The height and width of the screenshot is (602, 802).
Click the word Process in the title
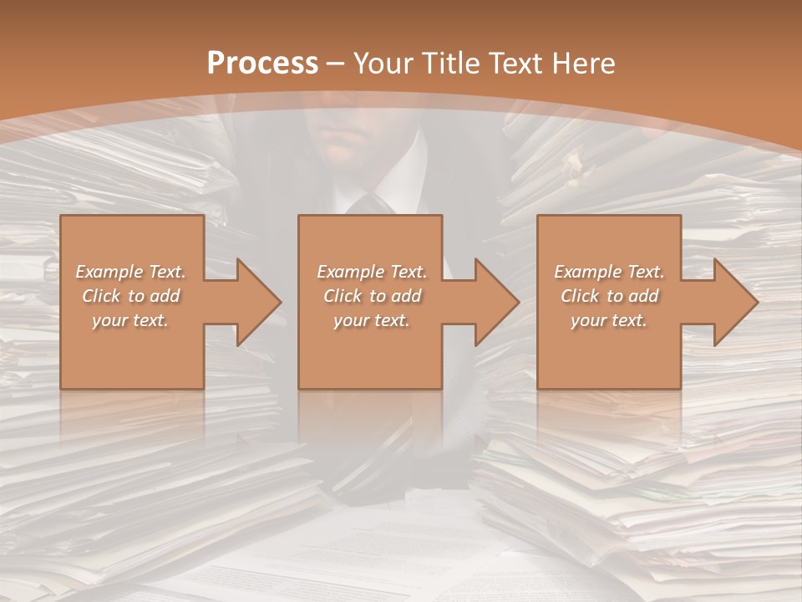[x=262, y=63]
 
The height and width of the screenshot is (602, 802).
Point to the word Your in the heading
[x=383, y=63]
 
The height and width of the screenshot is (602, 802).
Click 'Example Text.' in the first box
[x=131, y=272]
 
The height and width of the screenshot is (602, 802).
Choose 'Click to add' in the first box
[x=131, y=296]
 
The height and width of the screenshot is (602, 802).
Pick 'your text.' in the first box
[x=131, y=320]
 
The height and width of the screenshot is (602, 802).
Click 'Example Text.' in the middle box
[x=372, y=272]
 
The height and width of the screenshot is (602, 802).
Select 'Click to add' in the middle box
[x=372, y=296]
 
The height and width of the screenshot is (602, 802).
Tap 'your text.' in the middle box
[x=372, y=320]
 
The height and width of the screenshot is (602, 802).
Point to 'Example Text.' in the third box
[x=609, y=272]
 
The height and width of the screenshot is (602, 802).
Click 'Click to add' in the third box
[x=609, y=296]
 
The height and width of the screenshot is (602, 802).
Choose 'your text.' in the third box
[x=609, y=320]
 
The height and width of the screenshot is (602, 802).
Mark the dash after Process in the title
[x=336, y=64]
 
